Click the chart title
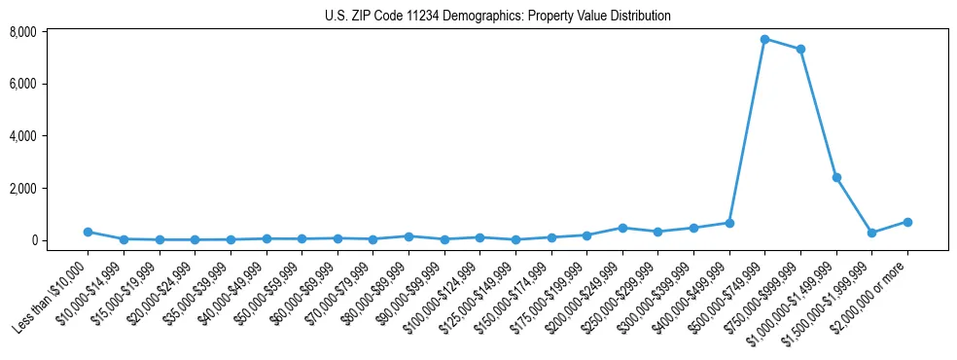click(x=498, y=16)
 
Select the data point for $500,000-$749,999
click(x=764, y=39)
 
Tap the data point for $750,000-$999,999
click(x=800, y=50)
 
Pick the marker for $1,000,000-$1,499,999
click(x=836, y=177)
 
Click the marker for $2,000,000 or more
click(x=907, y=222)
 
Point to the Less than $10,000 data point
click(x=88, y=232)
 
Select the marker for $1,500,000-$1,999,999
click(x=871, y=233)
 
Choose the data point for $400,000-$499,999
click(x=729, y=223)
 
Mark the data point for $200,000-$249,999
click(x=622, y=228)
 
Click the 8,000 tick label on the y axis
click(x=50, y=32)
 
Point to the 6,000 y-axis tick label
click(x=50, y=84)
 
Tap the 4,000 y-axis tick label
click(x=50, y=136)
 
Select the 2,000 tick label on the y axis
click(x=50, y=188)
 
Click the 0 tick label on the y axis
click(x=60, y=240)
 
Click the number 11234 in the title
click(x=431, y=16)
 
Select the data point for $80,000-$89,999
click(x=408, y=236)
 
